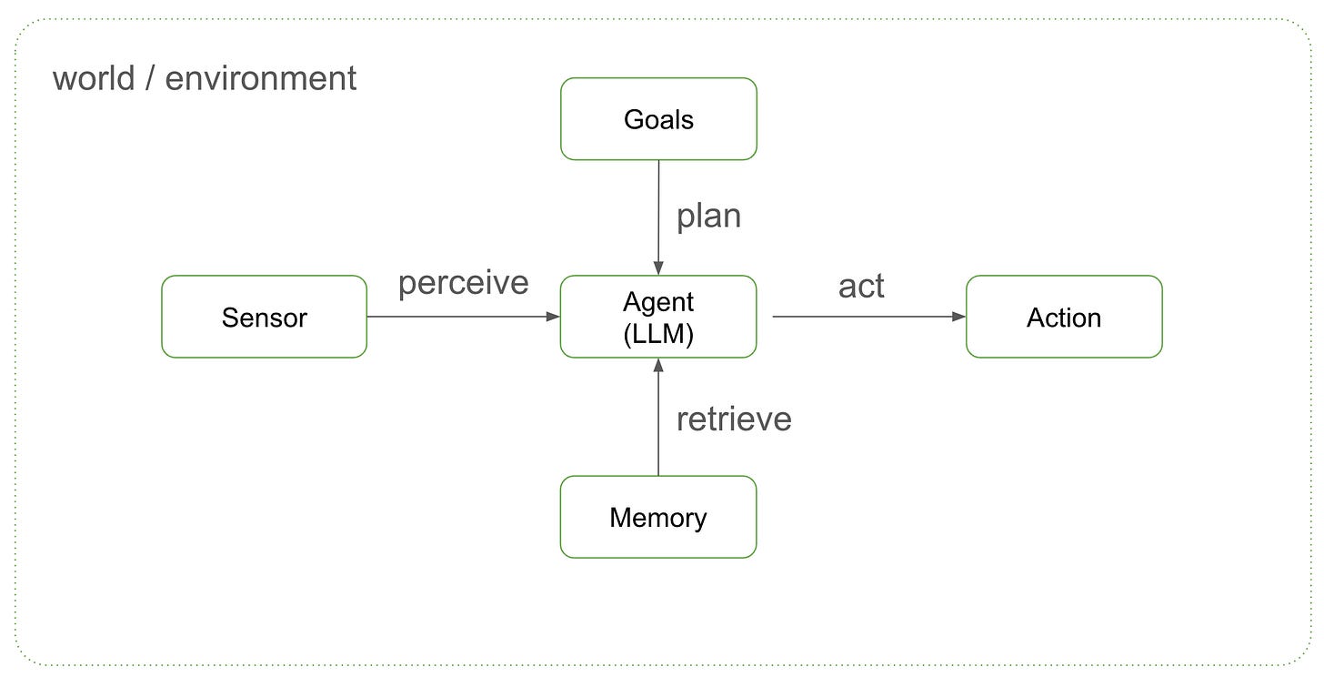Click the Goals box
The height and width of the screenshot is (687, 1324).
tap(658, 119)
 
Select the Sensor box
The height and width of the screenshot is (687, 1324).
tap(264, 317)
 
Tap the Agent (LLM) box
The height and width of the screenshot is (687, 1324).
tap(658, 317)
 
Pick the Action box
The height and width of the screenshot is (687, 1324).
tap(1063, 317)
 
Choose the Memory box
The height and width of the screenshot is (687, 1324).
tap(658, 517)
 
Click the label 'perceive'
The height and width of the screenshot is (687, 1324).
tap(463, 283)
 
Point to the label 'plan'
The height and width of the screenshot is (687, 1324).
tap(708, 216)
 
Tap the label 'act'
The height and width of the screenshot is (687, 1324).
tap(860, 286)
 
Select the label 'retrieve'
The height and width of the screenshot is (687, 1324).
tap(733, 419)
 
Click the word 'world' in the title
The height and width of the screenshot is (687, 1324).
tap(93, 78)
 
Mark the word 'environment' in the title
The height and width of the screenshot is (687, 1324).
tap(261, 78)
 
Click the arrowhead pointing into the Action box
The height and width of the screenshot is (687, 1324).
tap(958, 317)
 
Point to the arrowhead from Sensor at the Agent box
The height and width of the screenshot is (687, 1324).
tap(553, 317)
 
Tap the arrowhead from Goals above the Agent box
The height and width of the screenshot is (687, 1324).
tap(658, 268)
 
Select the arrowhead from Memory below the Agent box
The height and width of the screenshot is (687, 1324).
tap(658, 365)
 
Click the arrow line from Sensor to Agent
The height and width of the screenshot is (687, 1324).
tap(455, 317)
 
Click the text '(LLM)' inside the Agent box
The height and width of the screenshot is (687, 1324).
tap(658, 334)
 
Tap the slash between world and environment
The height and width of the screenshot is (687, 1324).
tap(149, 78)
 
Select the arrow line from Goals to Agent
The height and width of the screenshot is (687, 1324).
tap(658, 209)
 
